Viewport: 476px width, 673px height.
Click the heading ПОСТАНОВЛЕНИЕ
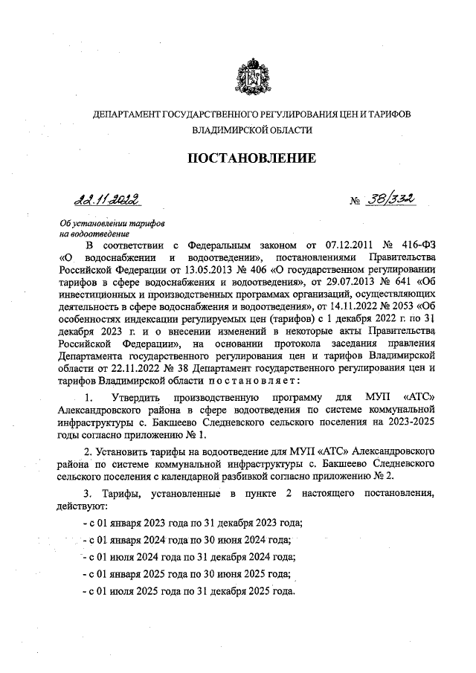click(x=251, y=158)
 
